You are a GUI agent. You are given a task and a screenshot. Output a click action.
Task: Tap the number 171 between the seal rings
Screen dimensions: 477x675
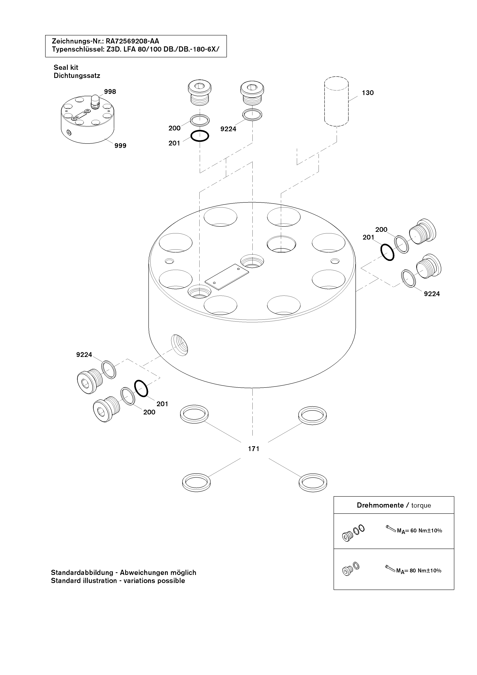click(x=253, y=449)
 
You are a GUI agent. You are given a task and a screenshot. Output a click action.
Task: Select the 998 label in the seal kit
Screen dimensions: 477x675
click(x=110, y=92)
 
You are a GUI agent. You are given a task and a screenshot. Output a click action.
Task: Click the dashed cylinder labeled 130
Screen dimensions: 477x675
click(x=336, y=101)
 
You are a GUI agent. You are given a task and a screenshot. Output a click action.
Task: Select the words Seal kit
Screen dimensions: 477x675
click(x=66, y=67)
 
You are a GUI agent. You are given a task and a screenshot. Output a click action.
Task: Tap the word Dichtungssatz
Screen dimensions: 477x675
click(x=77, y=76)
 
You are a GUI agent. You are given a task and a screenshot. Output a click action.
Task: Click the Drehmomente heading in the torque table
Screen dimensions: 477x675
click(x=380, y=505)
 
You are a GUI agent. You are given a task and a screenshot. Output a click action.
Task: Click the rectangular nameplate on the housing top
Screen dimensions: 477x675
click(x=227, y=277)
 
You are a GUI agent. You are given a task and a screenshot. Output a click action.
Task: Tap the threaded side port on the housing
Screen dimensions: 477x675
click(x=179, y=345)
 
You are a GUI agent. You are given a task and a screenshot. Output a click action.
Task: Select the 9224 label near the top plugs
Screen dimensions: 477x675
click(x=228, y=129)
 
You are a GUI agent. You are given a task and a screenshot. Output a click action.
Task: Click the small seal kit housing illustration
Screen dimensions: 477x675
click(x=87, y=119)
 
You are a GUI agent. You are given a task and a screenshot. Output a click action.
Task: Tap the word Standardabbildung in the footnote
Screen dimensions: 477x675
click(x=82, y=572)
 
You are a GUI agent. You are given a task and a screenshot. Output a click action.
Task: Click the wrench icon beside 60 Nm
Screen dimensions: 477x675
click(x=391, y=528)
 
